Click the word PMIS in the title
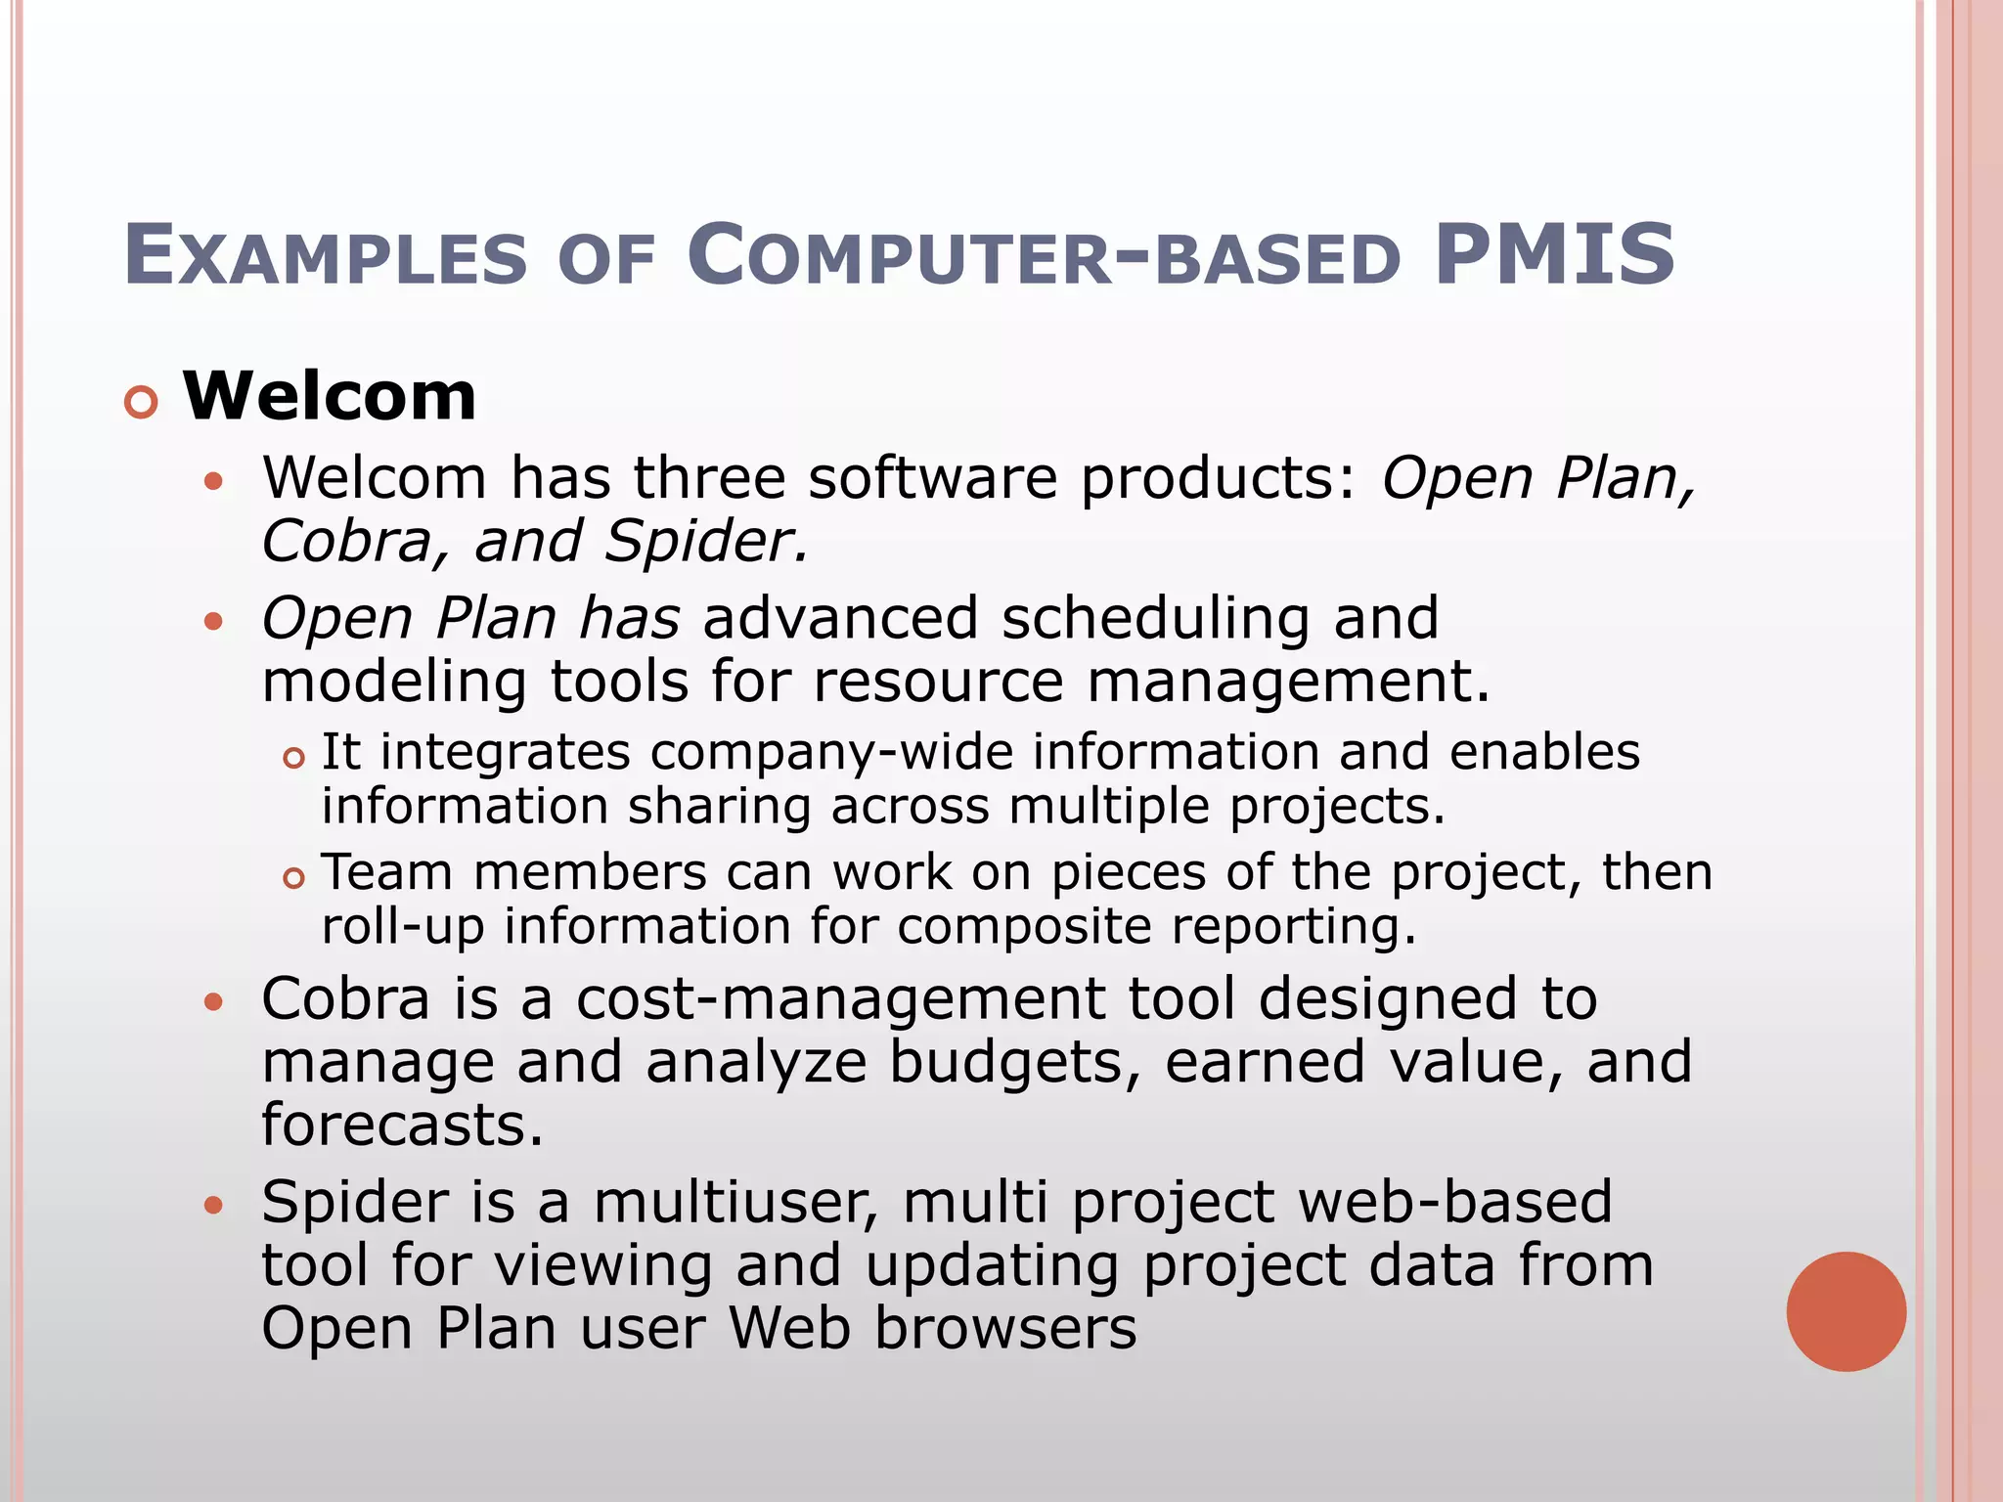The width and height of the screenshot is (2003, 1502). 1554,255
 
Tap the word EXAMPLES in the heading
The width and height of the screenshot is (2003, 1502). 326,257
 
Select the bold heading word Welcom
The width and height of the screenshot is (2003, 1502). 330,397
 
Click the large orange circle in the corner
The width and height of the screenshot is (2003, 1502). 1846,1311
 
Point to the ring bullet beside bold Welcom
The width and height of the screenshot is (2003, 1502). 142,403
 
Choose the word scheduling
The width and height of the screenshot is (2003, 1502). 1155,619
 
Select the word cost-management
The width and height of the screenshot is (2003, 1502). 840,999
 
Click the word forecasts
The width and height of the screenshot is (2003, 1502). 402,1125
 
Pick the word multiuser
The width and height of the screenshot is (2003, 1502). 736,1202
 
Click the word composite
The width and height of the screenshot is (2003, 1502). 1024,926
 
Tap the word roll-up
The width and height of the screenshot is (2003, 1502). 403,926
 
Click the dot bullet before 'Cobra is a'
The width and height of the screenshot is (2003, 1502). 213,1002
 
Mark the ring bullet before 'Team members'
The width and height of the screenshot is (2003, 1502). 294,878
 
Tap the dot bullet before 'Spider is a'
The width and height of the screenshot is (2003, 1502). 213,1205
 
